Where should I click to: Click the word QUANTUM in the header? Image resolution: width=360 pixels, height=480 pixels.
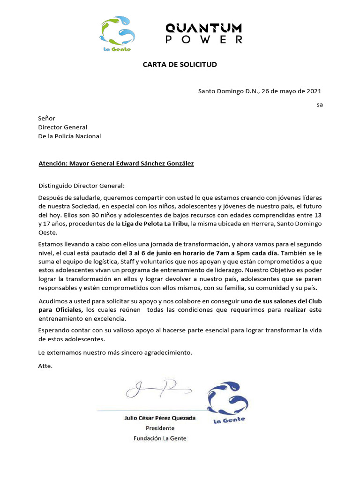(204, 28)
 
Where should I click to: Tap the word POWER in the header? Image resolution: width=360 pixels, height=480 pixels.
(204, 40)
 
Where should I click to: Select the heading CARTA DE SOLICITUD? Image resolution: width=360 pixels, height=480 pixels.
(180, 64)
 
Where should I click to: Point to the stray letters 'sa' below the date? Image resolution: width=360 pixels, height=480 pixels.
(320, 105)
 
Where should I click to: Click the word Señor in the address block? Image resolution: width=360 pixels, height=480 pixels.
(46, 119)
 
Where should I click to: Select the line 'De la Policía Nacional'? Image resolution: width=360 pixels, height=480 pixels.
(69, 136)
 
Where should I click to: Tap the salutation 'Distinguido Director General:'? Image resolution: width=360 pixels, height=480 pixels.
(82, 186)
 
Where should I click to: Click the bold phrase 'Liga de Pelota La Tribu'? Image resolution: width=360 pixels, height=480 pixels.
(155, 224)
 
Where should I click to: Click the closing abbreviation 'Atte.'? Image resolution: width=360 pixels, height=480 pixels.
(45, 366)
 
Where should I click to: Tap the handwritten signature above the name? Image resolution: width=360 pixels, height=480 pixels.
(157, 388)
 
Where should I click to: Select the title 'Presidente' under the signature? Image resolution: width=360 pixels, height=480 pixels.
(160, 428)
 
